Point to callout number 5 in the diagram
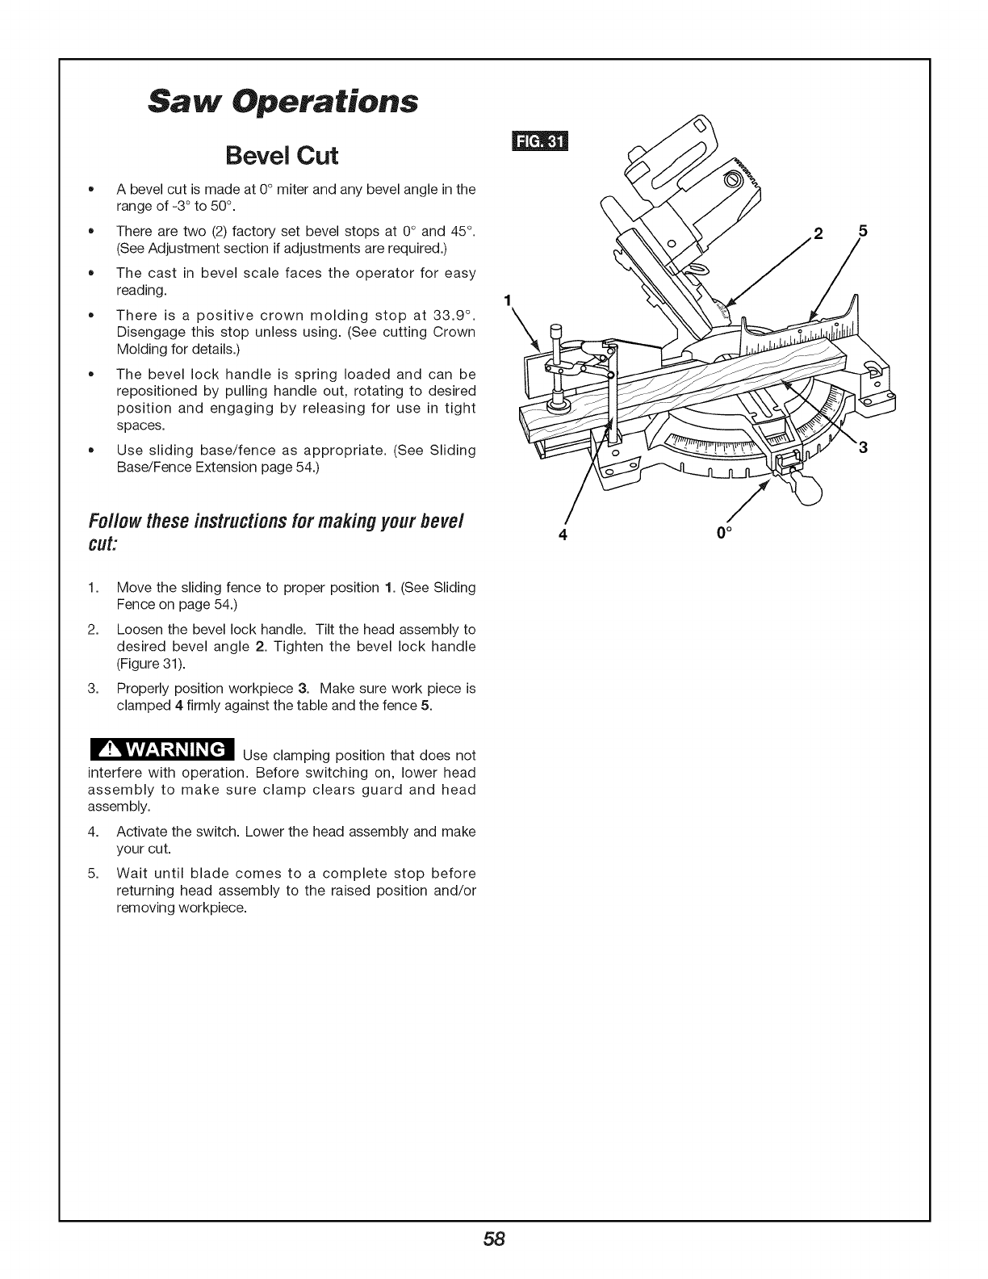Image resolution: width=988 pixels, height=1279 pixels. click(x=863, y=231)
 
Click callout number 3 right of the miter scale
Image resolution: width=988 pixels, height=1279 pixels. click(x=862, y=449)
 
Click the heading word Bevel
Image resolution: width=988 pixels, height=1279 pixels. click(x=242, y=154)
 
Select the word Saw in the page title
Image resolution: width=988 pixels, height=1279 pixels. click(x=170, y=103)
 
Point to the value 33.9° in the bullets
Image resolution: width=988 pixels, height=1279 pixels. click(x=450, y=314)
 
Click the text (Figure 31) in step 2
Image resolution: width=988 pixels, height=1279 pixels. click(x=151, y=664)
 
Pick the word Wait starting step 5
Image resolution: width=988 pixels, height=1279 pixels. click(x=134, y=874)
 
